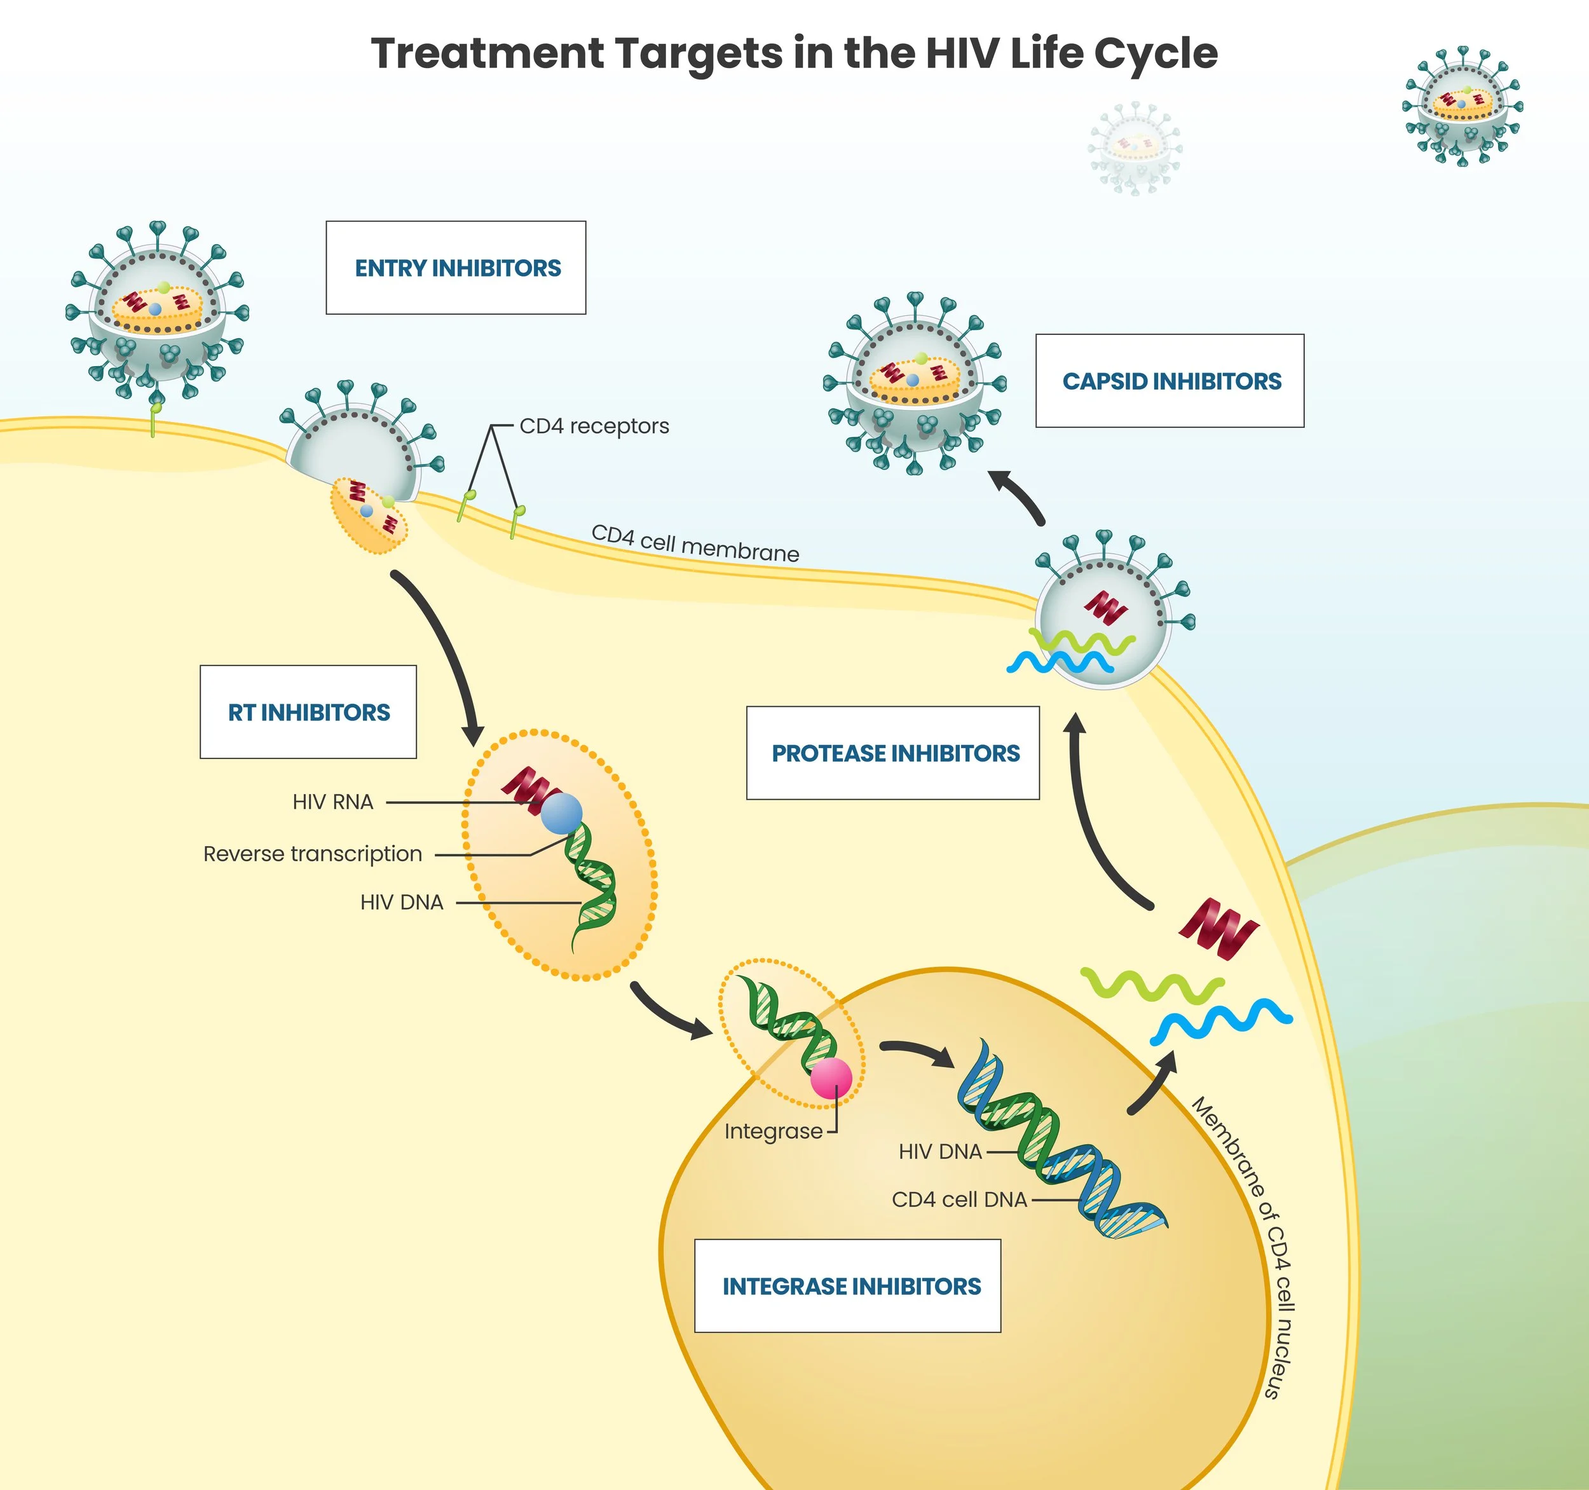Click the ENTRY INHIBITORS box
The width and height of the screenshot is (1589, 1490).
pyautogui.click(x=456, y=268)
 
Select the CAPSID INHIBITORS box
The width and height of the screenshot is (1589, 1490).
pyautogui.click(x=1170, y=381)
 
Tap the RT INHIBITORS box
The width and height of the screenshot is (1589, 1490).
pyautogui.click(x=308, y=712)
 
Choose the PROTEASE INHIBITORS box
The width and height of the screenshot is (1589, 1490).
pyautogui.click(x=893, y=753)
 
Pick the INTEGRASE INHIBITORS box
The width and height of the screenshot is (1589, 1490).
pyautogui.click(x=847, y=1286)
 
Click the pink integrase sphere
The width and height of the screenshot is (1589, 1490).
pyautogui.click(x=831, y=1077)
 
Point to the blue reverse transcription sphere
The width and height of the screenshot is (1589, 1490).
pyautogui.click(x=561, y=813)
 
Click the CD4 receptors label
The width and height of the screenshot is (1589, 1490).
pyautogui.click(x=594, y=426)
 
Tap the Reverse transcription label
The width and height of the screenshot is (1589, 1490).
pyautogui.click(x=313, y=854)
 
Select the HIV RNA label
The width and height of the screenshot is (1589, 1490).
pyautogui.click(x=332, y=802)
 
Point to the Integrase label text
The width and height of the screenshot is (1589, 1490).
pyautogui.click(x=773, y=1131)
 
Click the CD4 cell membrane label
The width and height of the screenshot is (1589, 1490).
pyautogui.click(x=695, y=543)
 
